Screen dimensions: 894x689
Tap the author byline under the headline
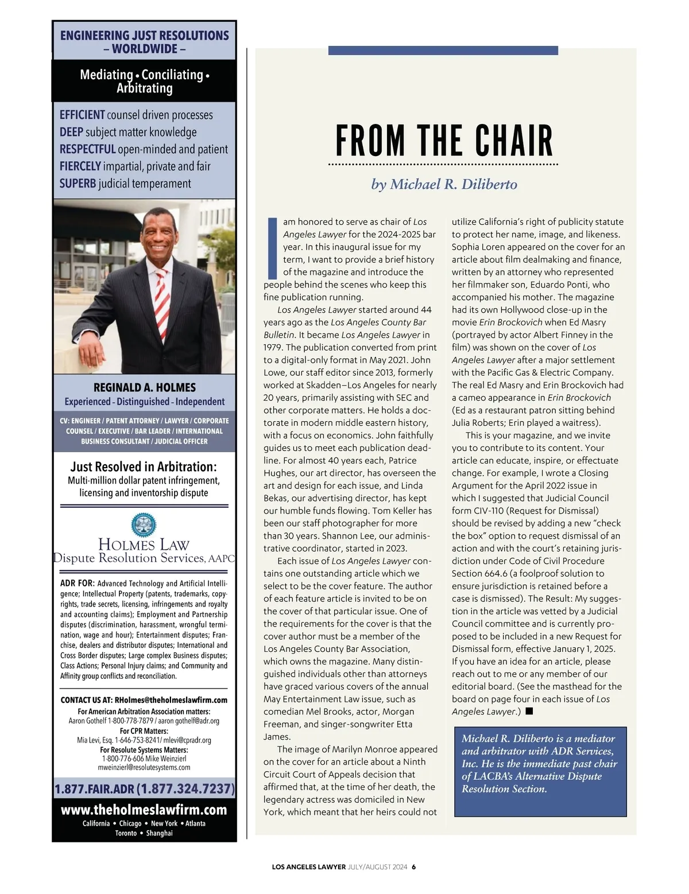444,184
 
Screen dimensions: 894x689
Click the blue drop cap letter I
272,248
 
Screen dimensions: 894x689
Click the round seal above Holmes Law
144,524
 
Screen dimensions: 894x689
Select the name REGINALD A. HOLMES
144,387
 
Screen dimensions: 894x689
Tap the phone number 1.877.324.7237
186,789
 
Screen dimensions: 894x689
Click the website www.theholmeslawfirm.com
144,810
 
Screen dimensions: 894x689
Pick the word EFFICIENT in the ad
82,115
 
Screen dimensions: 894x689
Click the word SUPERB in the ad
78,184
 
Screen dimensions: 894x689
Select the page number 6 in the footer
413,867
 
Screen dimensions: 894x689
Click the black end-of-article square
529,712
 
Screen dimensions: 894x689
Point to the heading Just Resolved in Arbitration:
144,467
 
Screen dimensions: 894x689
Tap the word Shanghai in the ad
159,833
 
